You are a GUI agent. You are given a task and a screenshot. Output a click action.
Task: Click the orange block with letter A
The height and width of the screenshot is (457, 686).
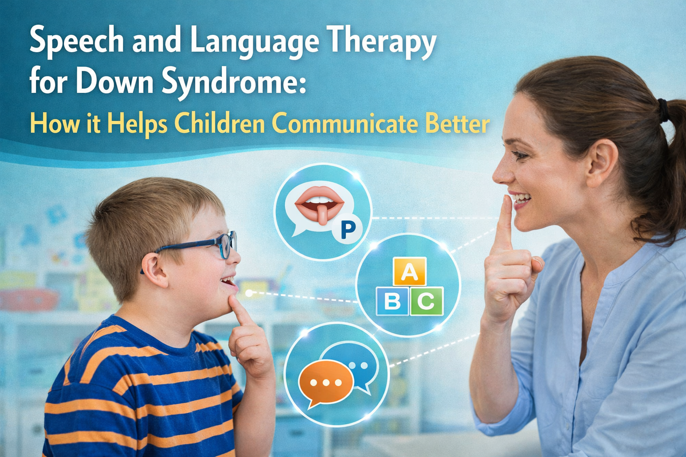409,272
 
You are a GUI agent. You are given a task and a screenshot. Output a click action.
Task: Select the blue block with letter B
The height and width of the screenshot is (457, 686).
393,302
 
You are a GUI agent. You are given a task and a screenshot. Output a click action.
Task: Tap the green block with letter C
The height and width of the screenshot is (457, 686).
426,302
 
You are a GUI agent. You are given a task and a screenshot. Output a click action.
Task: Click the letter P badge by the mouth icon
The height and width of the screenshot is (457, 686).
347,229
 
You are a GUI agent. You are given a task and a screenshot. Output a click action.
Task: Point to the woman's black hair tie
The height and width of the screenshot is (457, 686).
663,111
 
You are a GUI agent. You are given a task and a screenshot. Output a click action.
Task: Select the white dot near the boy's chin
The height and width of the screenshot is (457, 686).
249,293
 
